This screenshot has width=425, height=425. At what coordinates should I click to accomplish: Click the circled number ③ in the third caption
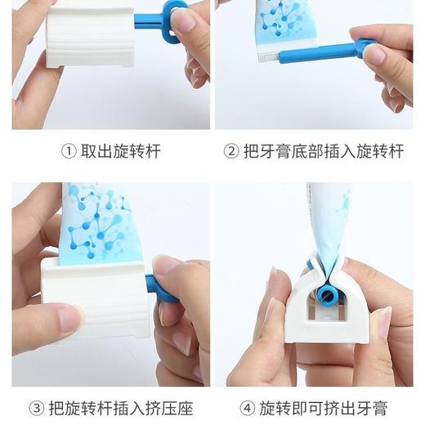click(x=36, y=408)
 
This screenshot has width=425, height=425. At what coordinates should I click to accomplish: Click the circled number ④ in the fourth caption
click(x=248, y=408)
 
